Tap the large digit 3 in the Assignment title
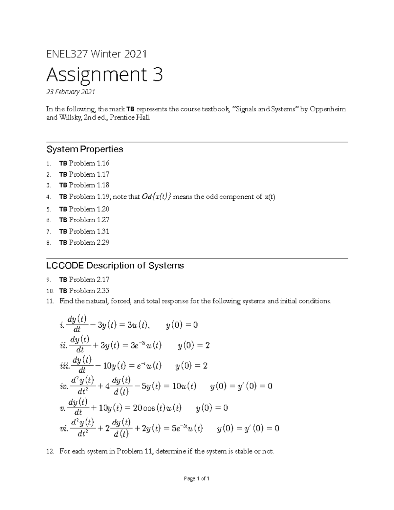coord(157,75)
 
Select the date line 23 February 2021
coord(70,92)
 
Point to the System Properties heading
coord(85,149)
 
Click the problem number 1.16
coord(103,163)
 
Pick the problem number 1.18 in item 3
coord(103,185)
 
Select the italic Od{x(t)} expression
coord(156,197)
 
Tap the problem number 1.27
coord(103,220)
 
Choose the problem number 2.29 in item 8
coord(103,243)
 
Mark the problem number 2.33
coord(103,291)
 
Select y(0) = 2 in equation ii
coord(193,345)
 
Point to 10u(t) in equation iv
coord(184,386)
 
